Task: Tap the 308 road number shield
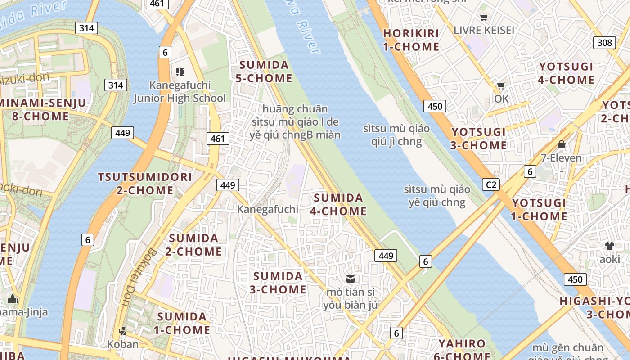605,43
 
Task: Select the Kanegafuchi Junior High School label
180,92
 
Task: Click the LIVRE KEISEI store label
484,30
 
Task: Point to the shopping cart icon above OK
501,86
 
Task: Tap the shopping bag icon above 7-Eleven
561,144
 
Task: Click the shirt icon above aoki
609,246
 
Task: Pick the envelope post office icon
350,279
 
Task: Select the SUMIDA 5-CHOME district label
264,72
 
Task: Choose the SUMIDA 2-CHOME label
193,245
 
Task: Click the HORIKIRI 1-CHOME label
411,40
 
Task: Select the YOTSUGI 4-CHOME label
567,73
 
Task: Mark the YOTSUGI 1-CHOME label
539,210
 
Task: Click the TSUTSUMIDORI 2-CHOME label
145,184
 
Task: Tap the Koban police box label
123,344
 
